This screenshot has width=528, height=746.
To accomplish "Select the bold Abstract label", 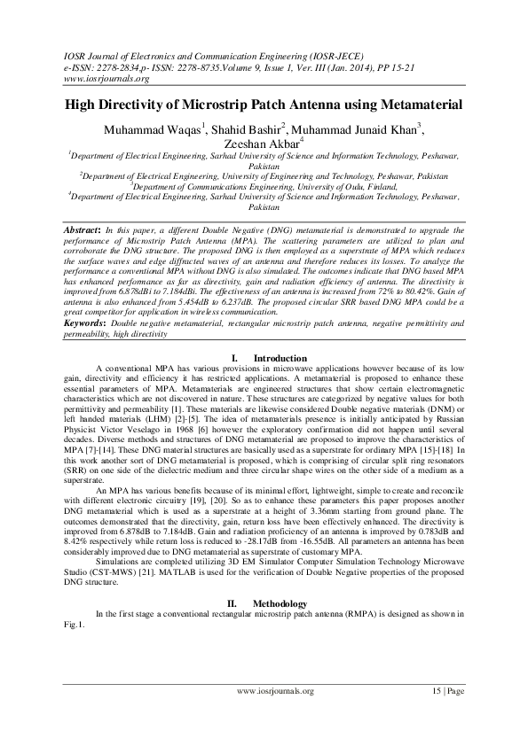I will coord(85,229).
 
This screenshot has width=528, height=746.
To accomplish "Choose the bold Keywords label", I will coord(90,323).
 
